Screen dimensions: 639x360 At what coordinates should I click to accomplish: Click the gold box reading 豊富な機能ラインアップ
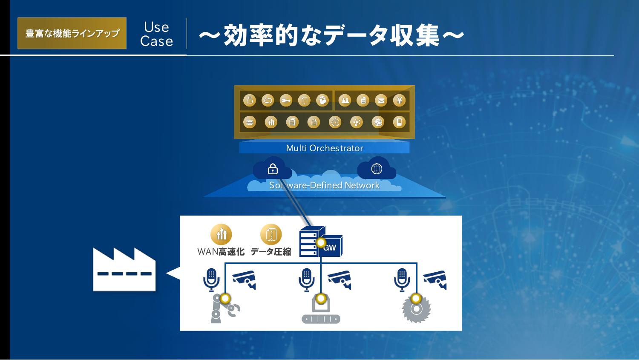(x=72, y=33)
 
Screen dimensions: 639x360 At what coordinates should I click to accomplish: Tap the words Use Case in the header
(x=157, y=34)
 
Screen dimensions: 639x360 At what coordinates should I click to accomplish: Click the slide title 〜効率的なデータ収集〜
(x=331, y=35)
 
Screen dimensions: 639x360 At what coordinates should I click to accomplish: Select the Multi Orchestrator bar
(x=324, y=148)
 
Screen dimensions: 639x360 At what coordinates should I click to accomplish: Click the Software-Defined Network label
(x=324, y=185)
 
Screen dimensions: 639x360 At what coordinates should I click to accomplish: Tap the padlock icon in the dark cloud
(x=273, y=169)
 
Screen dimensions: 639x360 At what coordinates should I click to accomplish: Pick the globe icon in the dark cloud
(x=377, y=169)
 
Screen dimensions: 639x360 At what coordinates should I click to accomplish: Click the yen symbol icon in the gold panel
(x=399, y=101)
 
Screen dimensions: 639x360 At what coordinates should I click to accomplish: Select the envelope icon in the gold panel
(x=381, y=101)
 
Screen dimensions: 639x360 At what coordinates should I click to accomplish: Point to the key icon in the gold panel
(x=286, y=101)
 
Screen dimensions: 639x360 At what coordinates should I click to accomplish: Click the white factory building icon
(x=124, y=269)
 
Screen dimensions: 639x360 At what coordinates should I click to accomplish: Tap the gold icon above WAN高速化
(x=221, y=234)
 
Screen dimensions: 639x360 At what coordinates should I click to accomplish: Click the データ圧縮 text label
(x=271, y=252)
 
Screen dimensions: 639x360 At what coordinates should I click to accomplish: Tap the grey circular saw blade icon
(x=416, y=309)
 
